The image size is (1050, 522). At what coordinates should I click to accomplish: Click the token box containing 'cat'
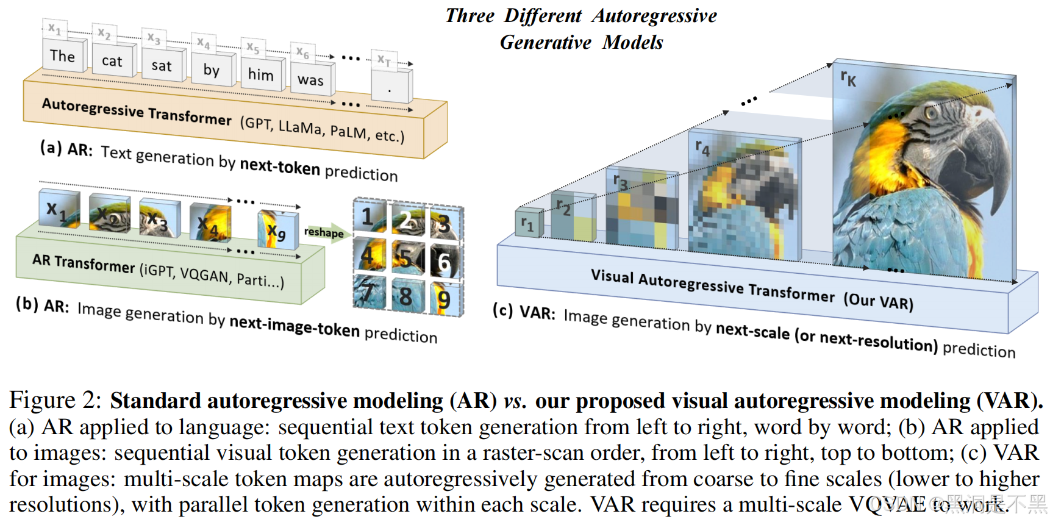click(x=112, y=60)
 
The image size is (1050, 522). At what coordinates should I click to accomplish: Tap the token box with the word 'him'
click(x=261, y=74)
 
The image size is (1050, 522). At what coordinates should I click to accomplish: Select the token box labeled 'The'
click(x=62, y=55)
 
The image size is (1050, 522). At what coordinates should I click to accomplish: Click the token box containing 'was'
click(x=311, y=80)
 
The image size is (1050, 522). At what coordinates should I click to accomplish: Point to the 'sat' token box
click(x=162, y=65)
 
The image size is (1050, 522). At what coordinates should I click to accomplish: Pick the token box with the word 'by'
click(x=212, y=70)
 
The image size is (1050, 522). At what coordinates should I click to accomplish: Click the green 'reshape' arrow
click(x=326, y=232)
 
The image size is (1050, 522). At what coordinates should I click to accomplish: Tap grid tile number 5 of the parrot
click(x=407, y=257)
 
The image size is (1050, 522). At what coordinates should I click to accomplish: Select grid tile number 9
click(x=445, y=299)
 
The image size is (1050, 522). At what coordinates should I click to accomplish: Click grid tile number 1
click(x=370, y=216)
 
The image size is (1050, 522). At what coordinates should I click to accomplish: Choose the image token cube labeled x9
click(x=277, y=230)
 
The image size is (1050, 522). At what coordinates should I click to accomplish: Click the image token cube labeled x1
click(x=59, y=210)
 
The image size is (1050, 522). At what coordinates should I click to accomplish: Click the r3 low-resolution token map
click(x=641, y=209)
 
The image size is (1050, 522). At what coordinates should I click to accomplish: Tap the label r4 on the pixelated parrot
click(x=702, y=148)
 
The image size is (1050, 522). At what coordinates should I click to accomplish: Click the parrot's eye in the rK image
click(x=930, y=113)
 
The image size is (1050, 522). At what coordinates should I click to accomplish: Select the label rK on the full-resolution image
click(x=848, y=78)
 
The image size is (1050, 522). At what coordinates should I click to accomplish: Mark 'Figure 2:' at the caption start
click(x=55, y=401)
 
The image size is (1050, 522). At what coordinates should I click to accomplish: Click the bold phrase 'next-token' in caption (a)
click(x=280, y=166)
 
